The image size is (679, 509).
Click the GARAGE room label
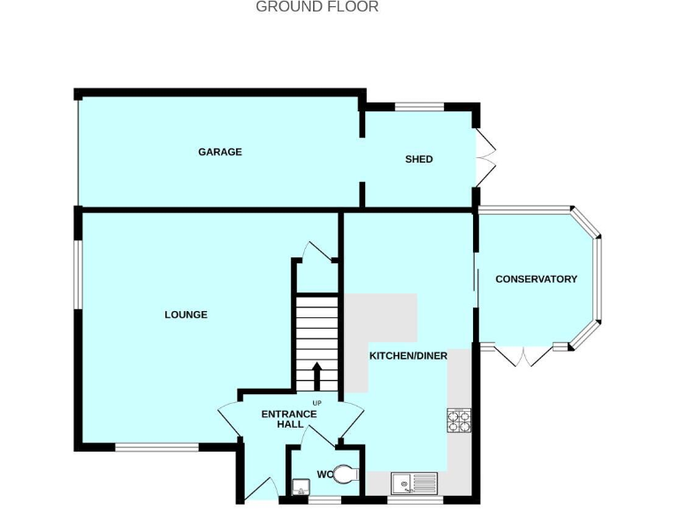(219, 152)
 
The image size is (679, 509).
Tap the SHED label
(418, 159)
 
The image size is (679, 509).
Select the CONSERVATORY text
(536, 279)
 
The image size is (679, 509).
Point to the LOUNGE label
(186, 315)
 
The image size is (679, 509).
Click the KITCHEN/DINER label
(408, 356)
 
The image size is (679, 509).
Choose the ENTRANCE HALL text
(288, 419)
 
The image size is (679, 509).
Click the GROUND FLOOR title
(317, 7)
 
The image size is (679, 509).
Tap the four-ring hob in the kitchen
(459, 420)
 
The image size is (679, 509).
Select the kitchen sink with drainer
(414, 483)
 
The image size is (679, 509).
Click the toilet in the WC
(347, 475)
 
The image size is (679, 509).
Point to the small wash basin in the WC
(299, 486)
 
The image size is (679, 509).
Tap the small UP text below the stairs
(316, 404)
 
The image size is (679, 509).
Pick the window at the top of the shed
(418, 108)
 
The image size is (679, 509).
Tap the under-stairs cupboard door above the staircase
(316, 252)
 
